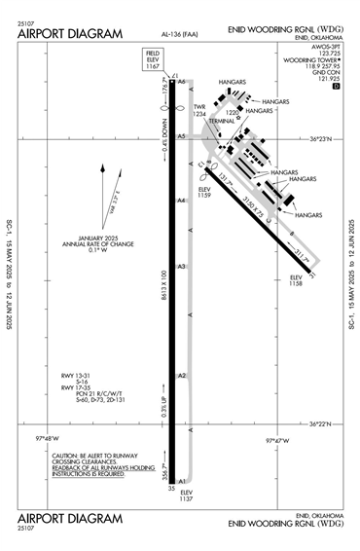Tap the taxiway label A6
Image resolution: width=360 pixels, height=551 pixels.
tap(181, 83)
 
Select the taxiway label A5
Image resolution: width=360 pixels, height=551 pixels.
tap(181, 136)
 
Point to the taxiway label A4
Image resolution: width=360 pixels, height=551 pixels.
tap(181, 201)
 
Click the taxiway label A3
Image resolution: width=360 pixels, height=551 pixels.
tap(181, 266)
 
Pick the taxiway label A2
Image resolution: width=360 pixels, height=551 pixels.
tap(181, 376)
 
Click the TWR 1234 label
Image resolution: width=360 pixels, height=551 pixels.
tap(199, 111)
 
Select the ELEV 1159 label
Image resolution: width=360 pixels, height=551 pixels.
tap(204, 192)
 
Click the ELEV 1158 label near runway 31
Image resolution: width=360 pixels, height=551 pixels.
tap(297, 280)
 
